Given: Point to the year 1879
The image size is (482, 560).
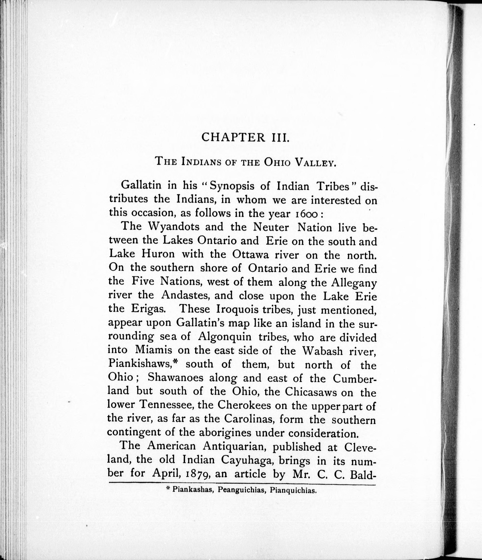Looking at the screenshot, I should [x=196, y=474].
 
